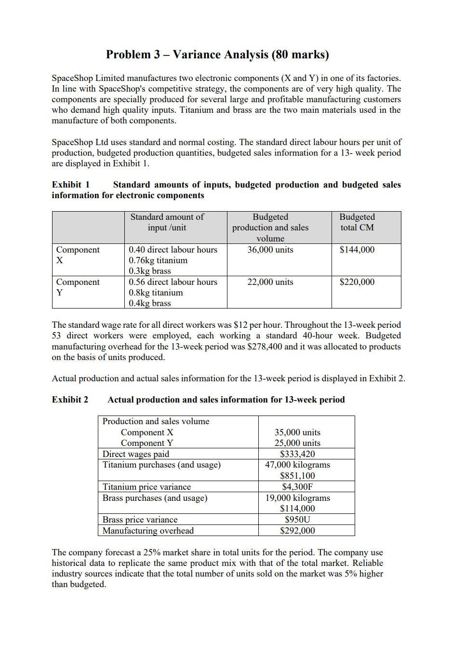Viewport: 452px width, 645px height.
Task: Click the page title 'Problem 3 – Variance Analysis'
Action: point(217,54)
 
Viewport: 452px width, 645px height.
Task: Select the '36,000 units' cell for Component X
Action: point(270,250)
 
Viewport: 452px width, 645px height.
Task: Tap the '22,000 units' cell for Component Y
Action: point(270,282)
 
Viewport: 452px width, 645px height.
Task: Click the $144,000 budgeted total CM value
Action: point(357,250)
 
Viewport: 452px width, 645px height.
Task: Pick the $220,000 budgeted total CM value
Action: point(357,282)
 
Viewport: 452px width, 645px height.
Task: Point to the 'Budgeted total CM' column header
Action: point(357,222)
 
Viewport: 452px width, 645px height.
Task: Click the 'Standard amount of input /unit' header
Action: point(167,222)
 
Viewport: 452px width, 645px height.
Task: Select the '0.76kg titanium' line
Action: point(158,260)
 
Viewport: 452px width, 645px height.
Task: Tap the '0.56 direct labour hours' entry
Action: point(173,282)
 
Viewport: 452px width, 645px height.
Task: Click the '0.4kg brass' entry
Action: point(150,303)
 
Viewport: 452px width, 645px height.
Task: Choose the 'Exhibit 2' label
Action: point(70,400)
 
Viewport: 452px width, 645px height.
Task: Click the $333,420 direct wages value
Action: point(297,454)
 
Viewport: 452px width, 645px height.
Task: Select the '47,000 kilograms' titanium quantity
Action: point(297,465)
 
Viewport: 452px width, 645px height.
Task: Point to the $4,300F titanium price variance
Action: point(297,487)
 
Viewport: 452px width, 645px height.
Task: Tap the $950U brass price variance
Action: point(297,520)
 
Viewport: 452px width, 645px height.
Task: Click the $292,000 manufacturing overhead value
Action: point(297,531)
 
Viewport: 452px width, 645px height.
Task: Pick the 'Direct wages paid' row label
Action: point(136,454)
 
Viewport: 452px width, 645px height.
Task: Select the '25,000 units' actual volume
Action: point(297,443)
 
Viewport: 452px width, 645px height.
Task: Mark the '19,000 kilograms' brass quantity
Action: point(297,498)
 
